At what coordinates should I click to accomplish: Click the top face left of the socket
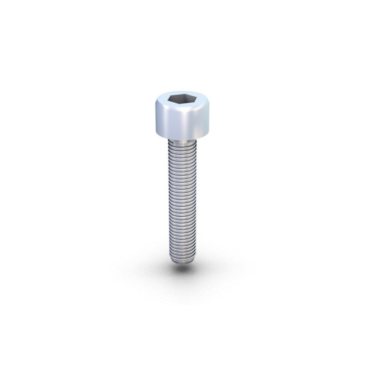coord(160,101)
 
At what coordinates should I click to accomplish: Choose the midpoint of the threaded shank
coord(182,201)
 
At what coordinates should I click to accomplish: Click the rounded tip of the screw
coord(182,262)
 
